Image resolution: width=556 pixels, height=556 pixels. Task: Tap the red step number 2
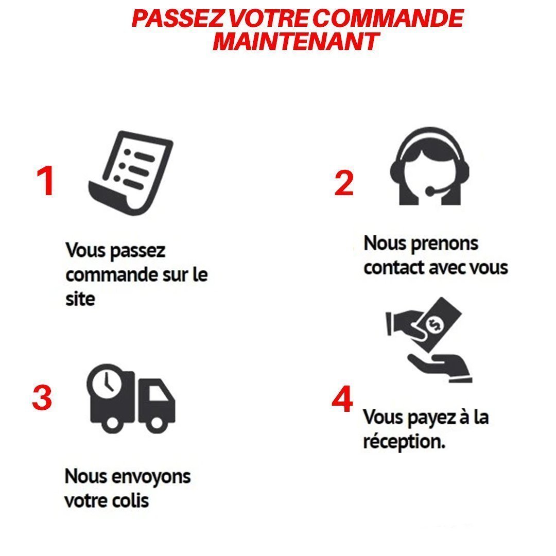[344, 183]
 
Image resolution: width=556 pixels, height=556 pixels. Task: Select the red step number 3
[42, 398]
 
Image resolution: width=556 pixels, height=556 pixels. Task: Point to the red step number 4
[342, 399]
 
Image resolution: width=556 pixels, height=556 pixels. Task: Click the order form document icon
[130, 173]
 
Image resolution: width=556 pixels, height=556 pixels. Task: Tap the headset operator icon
[429, 166]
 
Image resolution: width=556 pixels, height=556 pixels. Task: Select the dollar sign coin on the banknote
[435, 324]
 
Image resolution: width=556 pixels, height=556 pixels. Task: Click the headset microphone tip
[429, 192]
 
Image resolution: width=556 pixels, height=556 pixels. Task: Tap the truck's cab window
[158, 392]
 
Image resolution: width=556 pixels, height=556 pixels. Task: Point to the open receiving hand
[440, 367]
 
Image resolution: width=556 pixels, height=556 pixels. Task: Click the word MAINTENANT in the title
[296, 42]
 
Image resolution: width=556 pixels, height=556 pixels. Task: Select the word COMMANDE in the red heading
[388, 18]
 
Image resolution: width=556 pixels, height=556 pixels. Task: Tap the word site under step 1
[80, 299]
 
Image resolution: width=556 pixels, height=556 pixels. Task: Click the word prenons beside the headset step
[444, 245]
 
